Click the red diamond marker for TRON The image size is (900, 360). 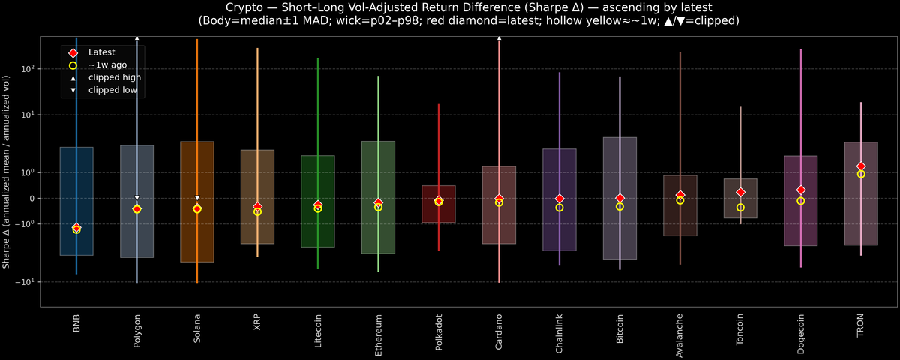pyautogui.click(x=861, y=166)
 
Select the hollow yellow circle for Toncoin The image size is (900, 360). pyautogui.click(x=740, y=208)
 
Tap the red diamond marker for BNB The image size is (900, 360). pyautogui.click(x=76, y=227)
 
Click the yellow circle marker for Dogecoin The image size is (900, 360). pyautogui.click(x=800, y=201)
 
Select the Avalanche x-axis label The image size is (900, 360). pyautogui.click(x=679, y=331)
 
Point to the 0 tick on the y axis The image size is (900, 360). pyautogui.click(x=33, y=199)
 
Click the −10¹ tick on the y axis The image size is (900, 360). pyautogui.click(x=26, y=282)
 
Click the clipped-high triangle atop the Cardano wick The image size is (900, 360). pyautogui.click(x=499, y=37)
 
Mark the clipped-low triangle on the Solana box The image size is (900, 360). pyautogui.click(x=197, y=198)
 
